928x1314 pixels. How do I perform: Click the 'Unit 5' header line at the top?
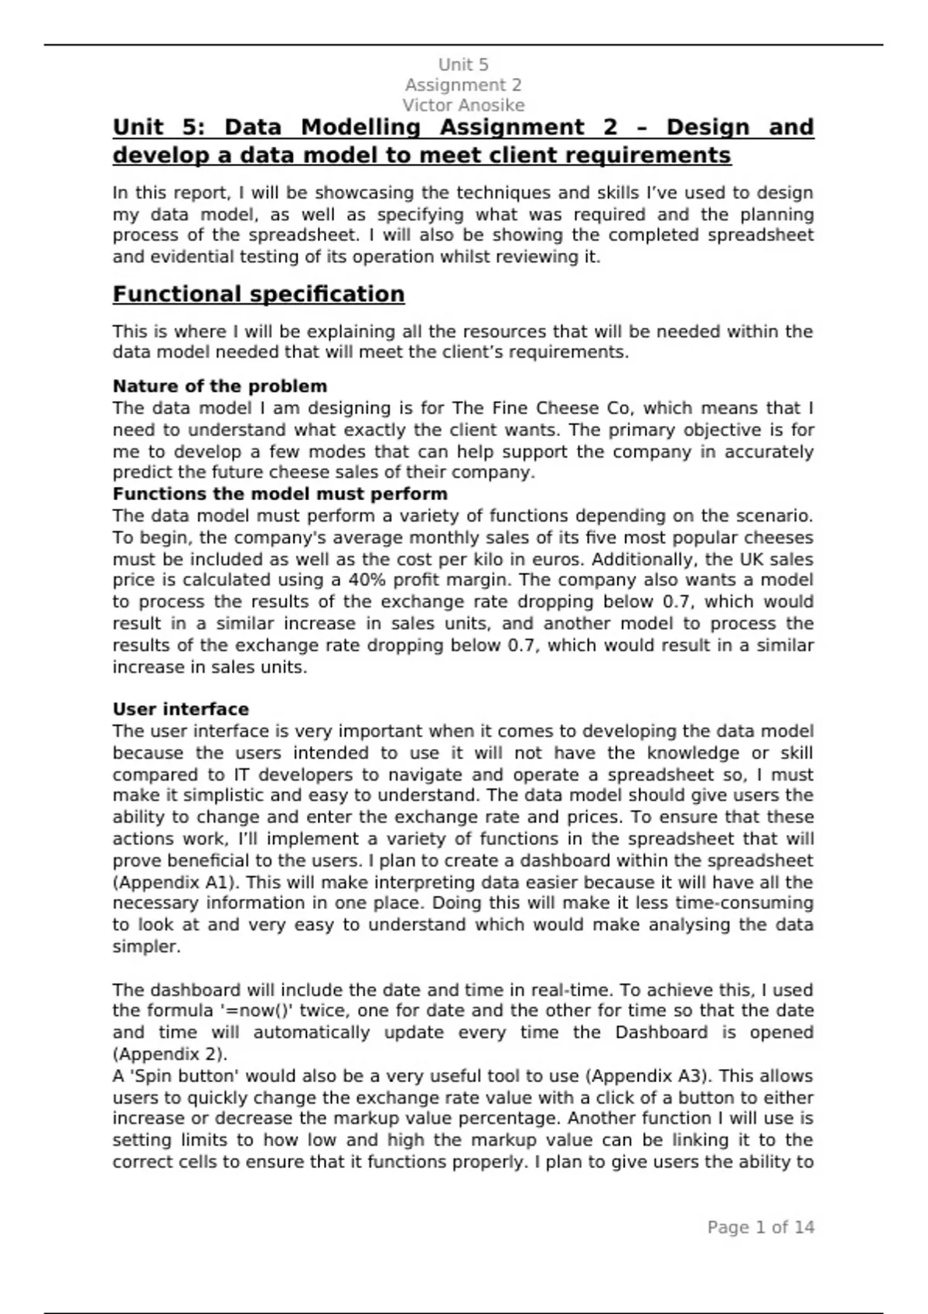[x=463, y=65]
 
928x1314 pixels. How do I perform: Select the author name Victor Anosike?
[x=463, y=105]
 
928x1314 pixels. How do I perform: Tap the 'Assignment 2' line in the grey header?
[x=463, y=85]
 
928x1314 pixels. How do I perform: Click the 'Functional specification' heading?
[x=258, y=294]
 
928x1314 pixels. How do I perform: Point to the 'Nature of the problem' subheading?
[x=220, y=386]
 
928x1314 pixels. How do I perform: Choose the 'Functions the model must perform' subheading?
[x=280, y=494]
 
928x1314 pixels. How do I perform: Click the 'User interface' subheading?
[x=181, y=710]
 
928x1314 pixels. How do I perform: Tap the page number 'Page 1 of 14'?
[x=760, y=1227]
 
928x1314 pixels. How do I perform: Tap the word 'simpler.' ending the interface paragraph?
[x=146, y=947]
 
